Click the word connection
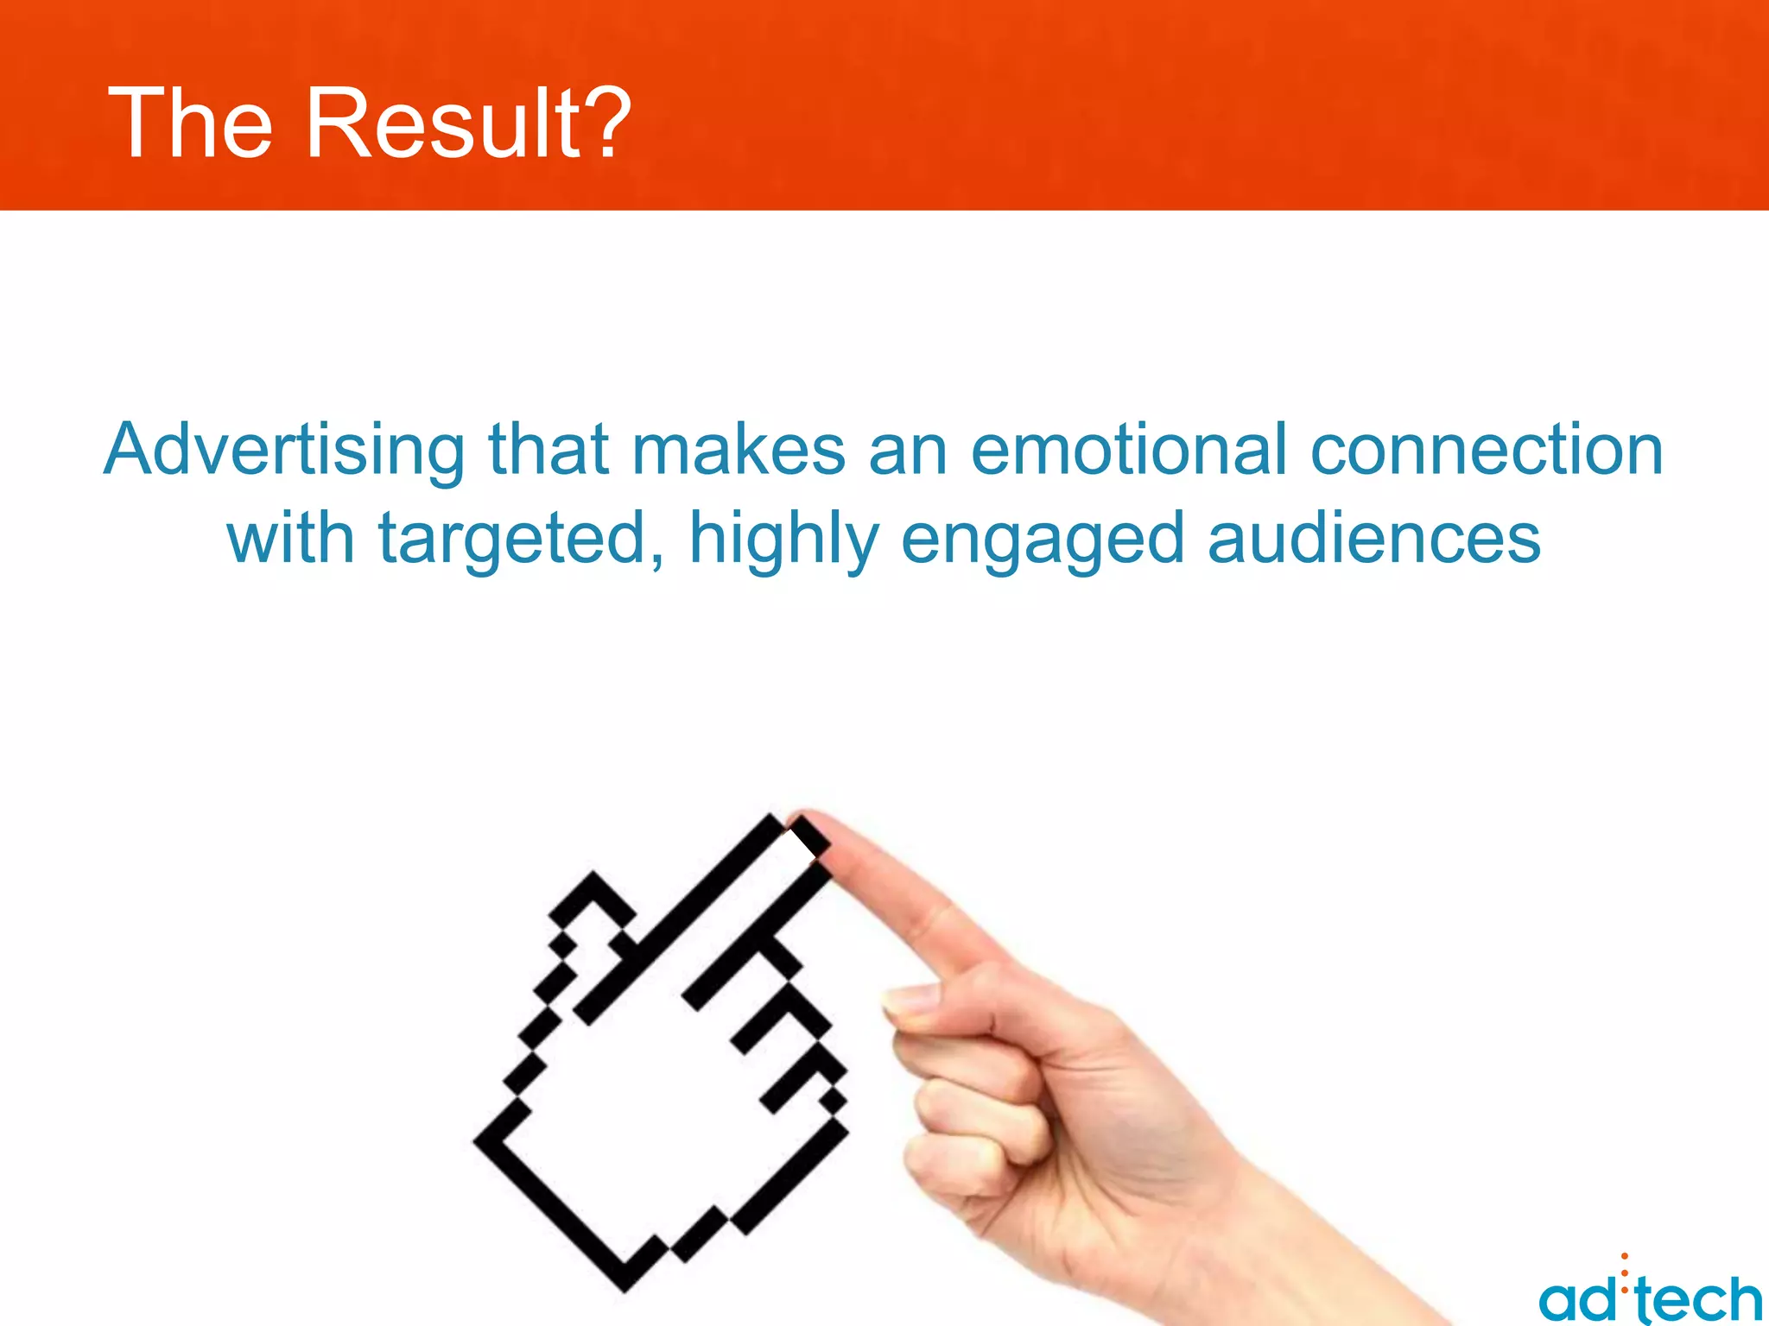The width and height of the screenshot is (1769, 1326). pyautogui.click(x=1486, y=451)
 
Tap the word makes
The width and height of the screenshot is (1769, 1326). pyautogui.click(x=739, y=451)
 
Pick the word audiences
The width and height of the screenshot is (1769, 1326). pyautogui.click(x=1373, y=539)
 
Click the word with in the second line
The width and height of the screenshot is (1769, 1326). pyautogui.click(x=291, y=539)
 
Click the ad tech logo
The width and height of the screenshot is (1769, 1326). pyautogui.click(x=1649, y=1295)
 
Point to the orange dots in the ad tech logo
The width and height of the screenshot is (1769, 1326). pyautogui.click(x=1625, y=1272)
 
